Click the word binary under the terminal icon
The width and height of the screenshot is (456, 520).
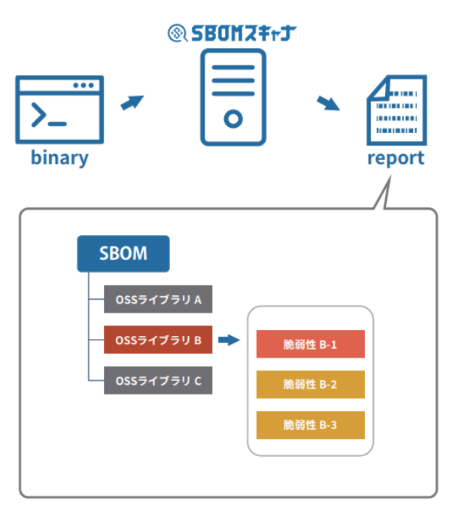click(x=59, y=159)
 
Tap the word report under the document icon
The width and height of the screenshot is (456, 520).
click(x=395, y=159)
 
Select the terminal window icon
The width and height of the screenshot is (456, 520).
click(x=59, y=109)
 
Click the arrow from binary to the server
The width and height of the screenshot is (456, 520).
click(x=132, y=101)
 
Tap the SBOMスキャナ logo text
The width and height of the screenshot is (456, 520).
click(x=242, y=33)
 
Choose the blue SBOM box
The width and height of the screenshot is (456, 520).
click(x=123, y=253)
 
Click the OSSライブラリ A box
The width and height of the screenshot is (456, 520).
click(x=158, y=300)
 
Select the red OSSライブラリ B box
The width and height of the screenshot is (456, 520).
click(x=158, y=340)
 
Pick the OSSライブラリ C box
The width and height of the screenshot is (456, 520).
click(x=158, y=380)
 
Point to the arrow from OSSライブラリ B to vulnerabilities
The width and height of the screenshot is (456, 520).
click(x=229, y=340)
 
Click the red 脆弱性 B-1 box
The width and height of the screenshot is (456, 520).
click(x=310, y=345)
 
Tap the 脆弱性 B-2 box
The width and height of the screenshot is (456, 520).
click(x=310, y=385)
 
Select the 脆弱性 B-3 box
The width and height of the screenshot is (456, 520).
click(x=310, y=425)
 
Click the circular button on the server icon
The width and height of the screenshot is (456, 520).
click(x=233, y=118)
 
